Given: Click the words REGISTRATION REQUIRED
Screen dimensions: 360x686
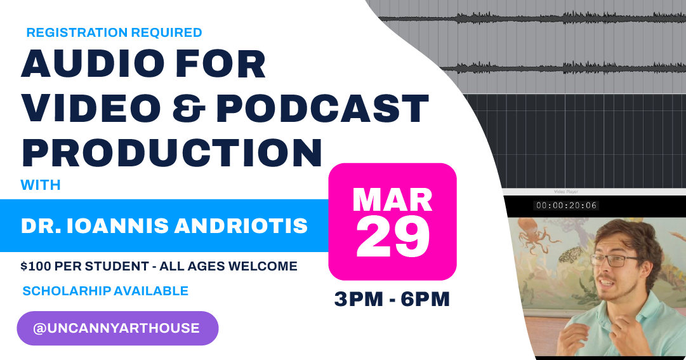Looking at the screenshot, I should (x=114, y=32).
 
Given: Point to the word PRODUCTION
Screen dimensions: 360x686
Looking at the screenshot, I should (x=172, y=152).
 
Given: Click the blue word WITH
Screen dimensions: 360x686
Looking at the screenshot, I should (x=41, y=185).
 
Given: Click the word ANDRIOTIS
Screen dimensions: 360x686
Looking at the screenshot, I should (x=248, y=225).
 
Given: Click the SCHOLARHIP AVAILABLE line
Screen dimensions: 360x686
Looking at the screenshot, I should (x=105, y=291).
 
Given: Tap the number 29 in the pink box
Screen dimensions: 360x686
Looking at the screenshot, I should (x=392, y=238).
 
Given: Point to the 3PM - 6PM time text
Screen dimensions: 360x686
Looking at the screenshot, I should (x=392, y=299).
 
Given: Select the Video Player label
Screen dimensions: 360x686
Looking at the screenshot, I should (x=566, y=191).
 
